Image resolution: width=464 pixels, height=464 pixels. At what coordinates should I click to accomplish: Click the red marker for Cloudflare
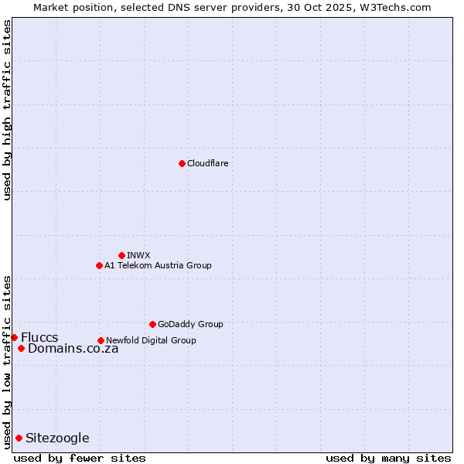click(182, 163)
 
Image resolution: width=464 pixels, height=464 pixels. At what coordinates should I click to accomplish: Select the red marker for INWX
click(121, 255)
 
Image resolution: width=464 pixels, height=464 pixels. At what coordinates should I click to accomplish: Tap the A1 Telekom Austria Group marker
click(99, 265)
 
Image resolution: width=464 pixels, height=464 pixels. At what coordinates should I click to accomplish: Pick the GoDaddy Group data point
click(152, 324)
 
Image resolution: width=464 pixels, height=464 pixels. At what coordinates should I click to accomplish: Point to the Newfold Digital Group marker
click(101, 340)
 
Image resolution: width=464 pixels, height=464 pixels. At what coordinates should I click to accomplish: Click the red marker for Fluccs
click(14, 337)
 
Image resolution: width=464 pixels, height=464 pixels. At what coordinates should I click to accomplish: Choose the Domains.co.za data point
click(21, 348)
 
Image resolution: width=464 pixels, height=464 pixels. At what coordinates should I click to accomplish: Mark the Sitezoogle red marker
click(19, 438)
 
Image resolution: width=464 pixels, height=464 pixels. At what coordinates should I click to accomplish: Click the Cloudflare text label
click(207, 163)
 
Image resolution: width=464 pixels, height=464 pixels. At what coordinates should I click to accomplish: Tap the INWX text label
click(138, 255)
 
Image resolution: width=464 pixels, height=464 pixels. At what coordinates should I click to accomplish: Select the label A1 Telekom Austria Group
click(158, 265)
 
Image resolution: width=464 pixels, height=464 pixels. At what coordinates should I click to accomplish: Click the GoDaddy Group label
click(190, 324)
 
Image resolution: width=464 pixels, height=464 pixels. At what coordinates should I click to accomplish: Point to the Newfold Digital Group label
click(151, 340)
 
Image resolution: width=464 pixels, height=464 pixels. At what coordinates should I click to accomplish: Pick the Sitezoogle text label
click(57, 438)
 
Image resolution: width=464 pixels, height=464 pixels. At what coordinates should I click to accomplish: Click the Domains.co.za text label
click(73, 348)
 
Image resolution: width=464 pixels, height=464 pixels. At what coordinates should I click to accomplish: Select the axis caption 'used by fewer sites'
click(80, 458)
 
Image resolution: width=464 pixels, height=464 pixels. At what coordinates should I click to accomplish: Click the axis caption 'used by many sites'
click(388, 458)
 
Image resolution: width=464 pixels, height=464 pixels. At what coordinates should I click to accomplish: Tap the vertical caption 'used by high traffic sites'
click(7, 110)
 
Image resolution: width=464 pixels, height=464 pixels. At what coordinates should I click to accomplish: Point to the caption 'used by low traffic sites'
click(7, 362)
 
